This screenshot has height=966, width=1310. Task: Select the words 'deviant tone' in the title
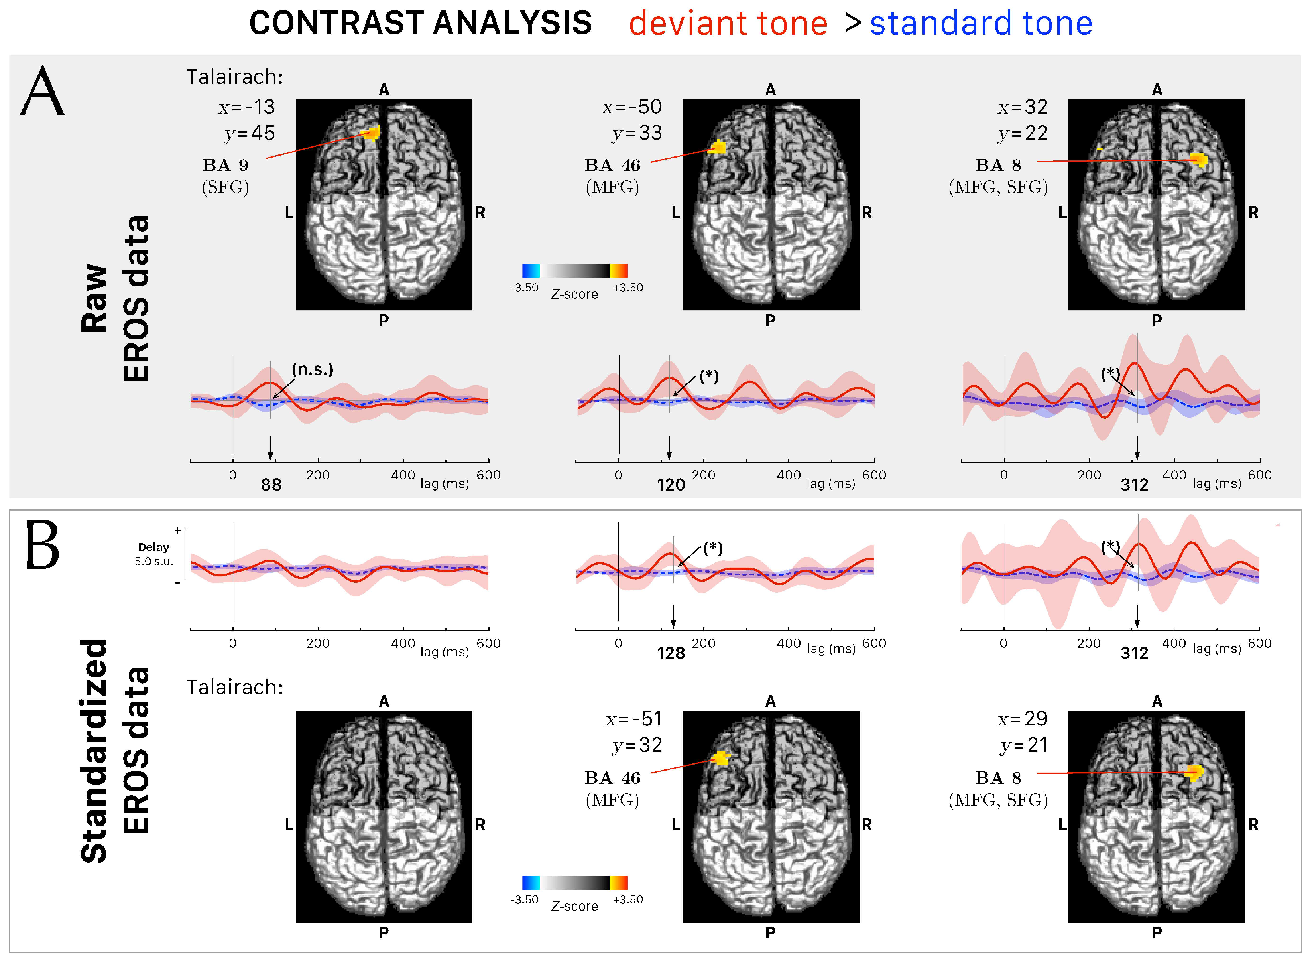tap(728, 24)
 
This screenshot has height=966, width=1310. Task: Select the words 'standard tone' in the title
tap(980, 24)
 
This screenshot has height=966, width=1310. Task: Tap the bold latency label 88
tap(271, 485)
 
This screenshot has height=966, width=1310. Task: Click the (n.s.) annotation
tap(312, 370)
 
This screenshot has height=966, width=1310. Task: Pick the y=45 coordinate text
tap(250, 133)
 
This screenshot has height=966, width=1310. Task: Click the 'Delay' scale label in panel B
tap(153, 547)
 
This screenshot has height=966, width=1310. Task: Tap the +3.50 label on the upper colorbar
tap(627, 288)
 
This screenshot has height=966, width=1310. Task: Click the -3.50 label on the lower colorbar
tap(524, 900)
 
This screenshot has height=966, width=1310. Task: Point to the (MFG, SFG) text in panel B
tap(998, 800)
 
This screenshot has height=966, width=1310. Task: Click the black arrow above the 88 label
tap(270, 448)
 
